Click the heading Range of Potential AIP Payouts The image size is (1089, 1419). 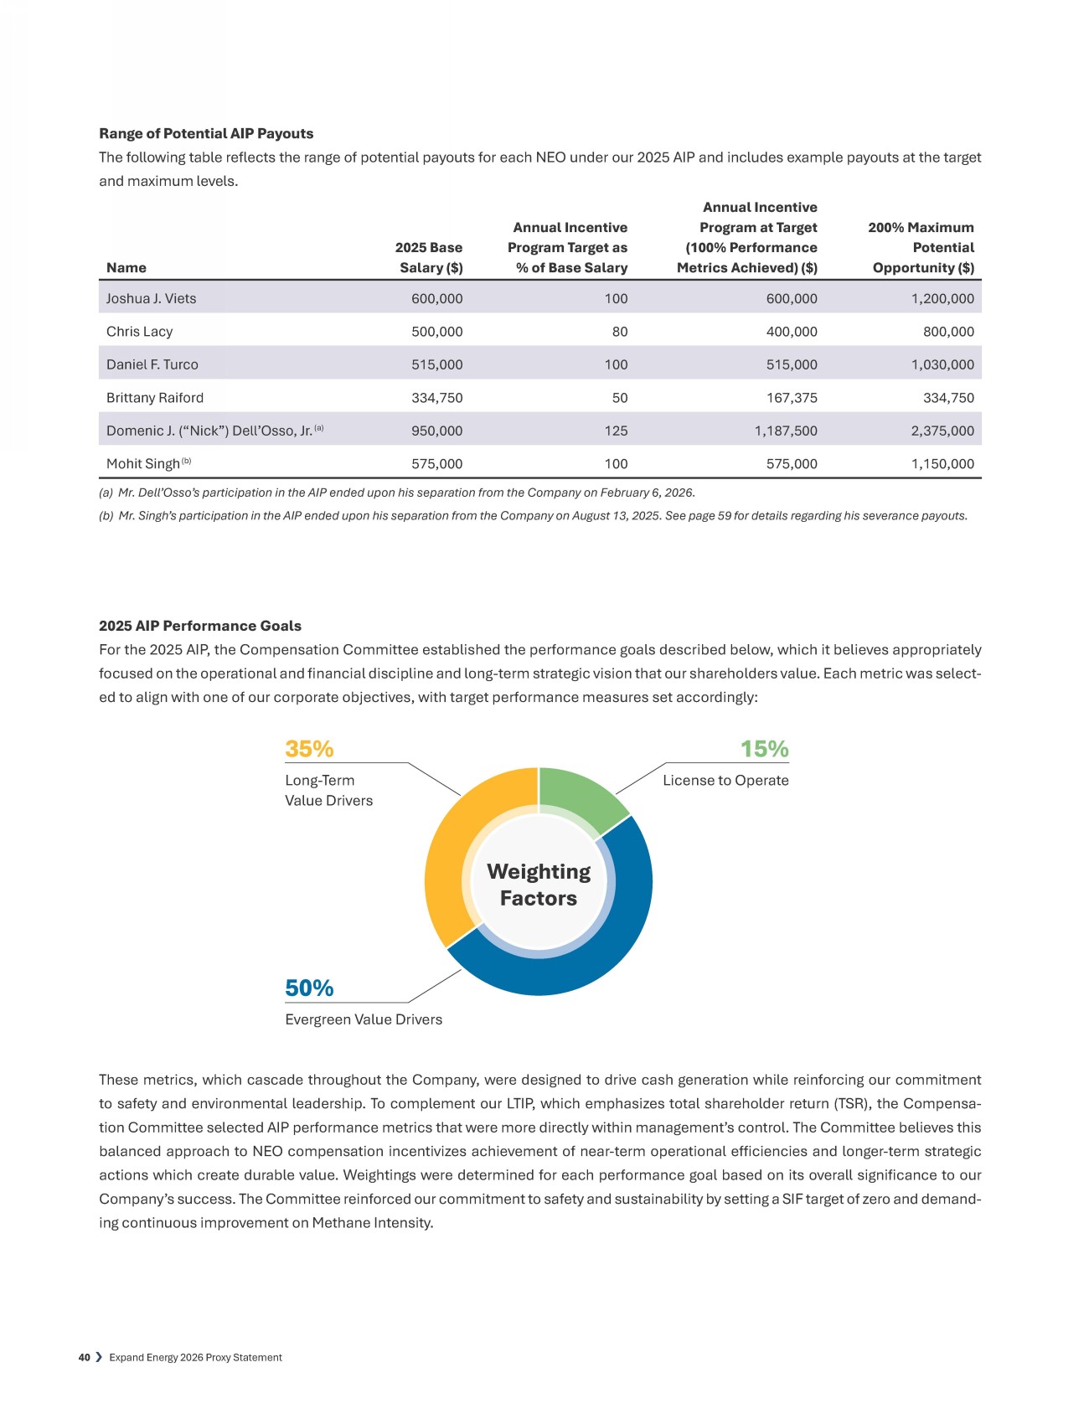click(206, 134)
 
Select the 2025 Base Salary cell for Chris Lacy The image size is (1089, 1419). click(436, 332)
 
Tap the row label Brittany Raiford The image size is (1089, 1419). click(155, 398)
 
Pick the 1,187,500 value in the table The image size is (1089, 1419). click(786, 431)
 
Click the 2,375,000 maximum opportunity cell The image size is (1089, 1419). click(942, 431)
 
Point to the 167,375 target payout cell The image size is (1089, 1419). click(792, 398)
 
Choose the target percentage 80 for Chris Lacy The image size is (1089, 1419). click(619, 332)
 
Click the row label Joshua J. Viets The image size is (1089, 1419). click(152, 299)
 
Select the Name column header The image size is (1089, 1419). click(126, 268)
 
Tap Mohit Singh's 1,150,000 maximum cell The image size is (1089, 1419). click(942, 464)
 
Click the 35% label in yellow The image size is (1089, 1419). click(309, 749)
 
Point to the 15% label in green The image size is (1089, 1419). click(764, 749)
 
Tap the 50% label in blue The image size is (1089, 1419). click(309, 988)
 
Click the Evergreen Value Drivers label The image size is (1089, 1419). click(364, 1019)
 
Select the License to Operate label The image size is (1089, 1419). click(725, 781)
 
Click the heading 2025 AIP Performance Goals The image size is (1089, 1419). click(200, 626)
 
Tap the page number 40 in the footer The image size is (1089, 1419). click(84, 1358)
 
